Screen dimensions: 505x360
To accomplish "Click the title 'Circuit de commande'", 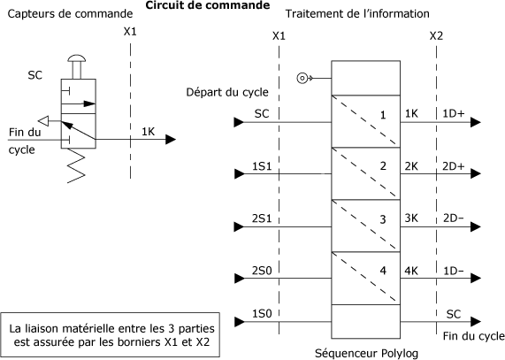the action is [208, 5].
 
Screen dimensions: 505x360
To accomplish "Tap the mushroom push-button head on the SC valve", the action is [77, 58].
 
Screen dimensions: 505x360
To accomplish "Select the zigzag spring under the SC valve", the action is [76, 165].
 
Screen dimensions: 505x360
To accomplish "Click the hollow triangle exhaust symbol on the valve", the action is [43, 121].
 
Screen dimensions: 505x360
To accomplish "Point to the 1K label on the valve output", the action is [149, 132].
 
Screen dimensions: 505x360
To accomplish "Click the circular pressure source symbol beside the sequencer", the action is [302, 78].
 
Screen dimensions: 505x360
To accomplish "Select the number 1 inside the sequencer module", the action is [383, 115].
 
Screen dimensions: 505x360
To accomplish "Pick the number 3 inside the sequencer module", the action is [383, 219].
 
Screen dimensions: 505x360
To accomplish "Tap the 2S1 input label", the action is [262, 218].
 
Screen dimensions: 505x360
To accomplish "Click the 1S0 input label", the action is [262, 313].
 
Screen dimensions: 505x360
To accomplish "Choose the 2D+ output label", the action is [454, 166].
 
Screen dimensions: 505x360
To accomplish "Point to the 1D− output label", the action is [454, 271].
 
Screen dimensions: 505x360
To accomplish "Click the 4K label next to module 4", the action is [411, 271].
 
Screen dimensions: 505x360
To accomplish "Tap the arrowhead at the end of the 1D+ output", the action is [476, 122].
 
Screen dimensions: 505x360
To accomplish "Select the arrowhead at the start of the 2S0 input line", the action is [239, 279].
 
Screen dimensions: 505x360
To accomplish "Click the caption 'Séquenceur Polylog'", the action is [366, 353].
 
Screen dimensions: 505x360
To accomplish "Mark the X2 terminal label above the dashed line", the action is [436, 36].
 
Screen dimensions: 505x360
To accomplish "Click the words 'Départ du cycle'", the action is [227, 92].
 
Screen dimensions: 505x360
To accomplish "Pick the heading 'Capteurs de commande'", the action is [70, 14].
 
